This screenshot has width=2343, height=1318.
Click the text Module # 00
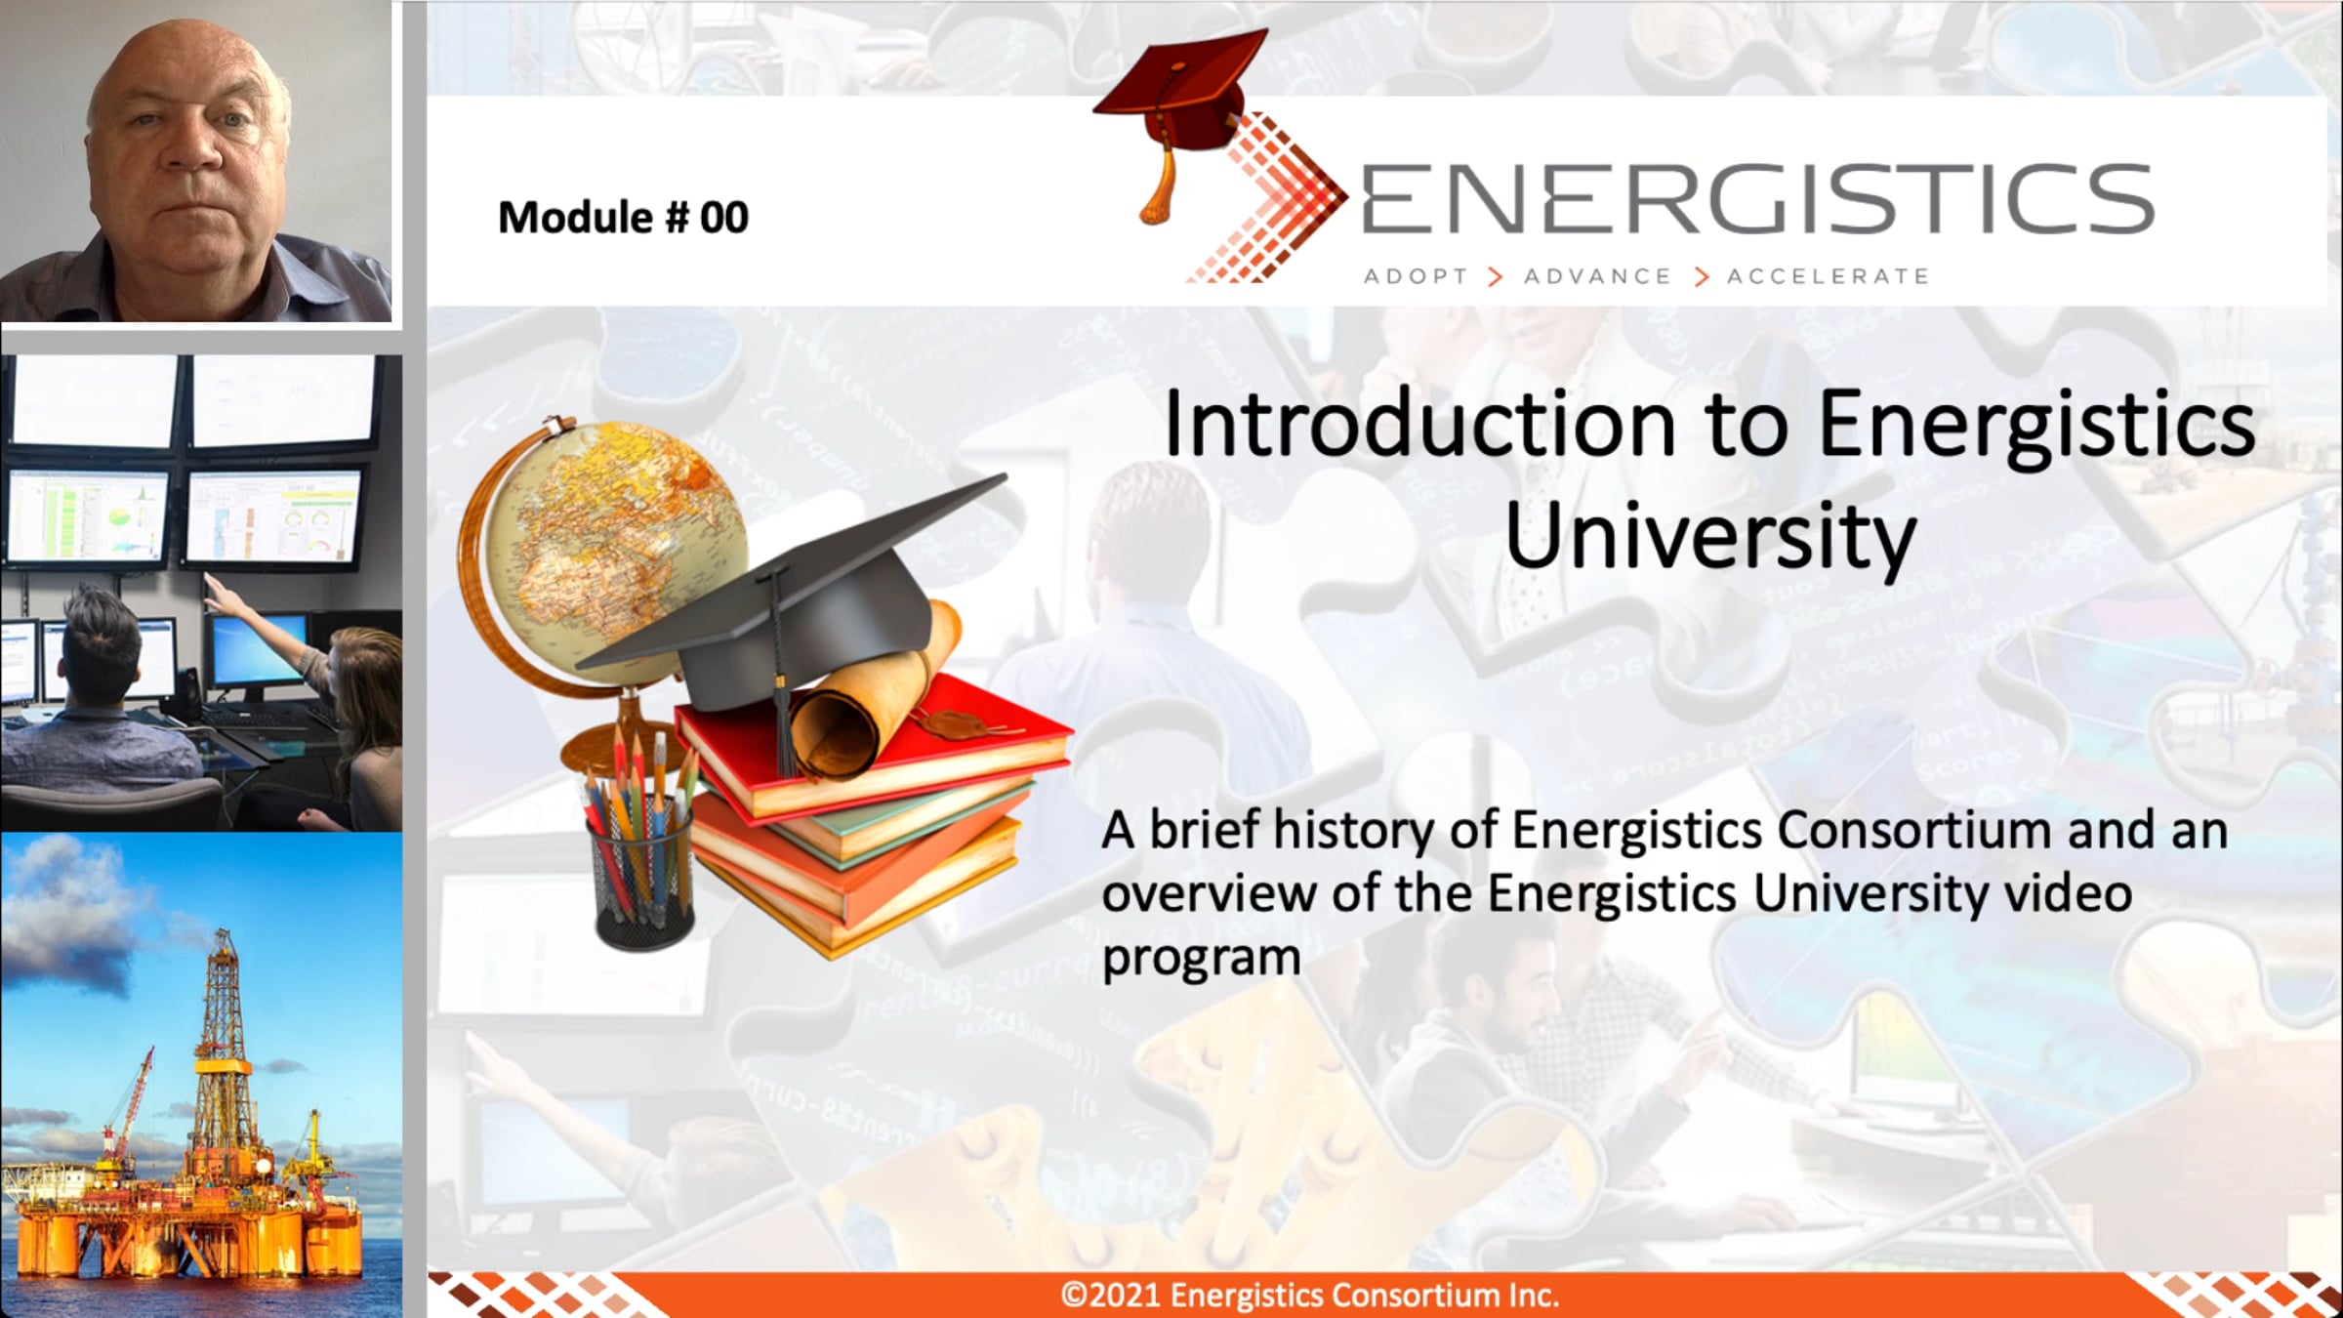point(623,217)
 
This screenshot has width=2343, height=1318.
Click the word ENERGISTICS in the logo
point(1757,199)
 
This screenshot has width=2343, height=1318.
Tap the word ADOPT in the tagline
point(1416,277)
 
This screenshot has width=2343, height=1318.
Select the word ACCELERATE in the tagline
point(1829,277)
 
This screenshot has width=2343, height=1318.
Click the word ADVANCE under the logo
point(1598,277)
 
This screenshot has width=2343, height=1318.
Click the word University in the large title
point(1710,535)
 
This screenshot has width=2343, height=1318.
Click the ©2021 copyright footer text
point(1310,1295)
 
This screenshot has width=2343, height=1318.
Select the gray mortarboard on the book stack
point(791,605)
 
